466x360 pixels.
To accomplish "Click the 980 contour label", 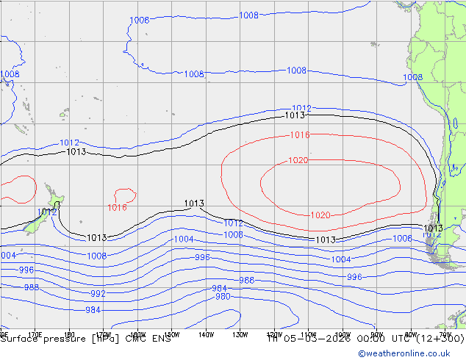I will pyautogui.click(x=222, y=297).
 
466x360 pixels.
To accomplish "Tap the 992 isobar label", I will pyautogui.click(x=98, y=293).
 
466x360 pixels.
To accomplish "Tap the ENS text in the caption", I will pyautogui.click(x=160, y=339).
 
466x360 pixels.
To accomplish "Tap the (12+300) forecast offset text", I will pyautogui.click(x=438, y=339).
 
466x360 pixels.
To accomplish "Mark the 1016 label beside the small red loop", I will pyautogui.click(x=118, y=207).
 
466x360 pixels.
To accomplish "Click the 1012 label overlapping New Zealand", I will pyautogui.click(x=47, y=212).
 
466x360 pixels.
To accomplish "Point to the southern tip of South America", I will pyautogui.click(x=441, y=264).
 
